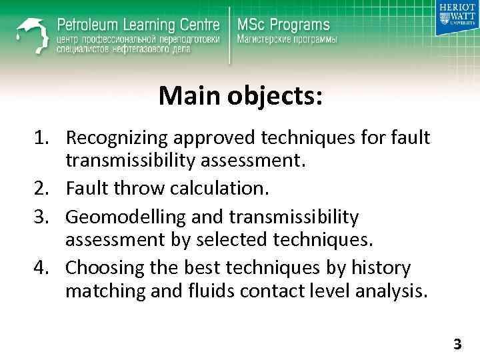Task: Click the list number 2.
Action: click(43, 189)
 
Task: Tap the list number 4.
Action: click(43, 268)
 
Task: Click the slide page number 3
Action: click(457, 345)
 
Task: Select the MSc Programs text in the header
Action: click(283, 25)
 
